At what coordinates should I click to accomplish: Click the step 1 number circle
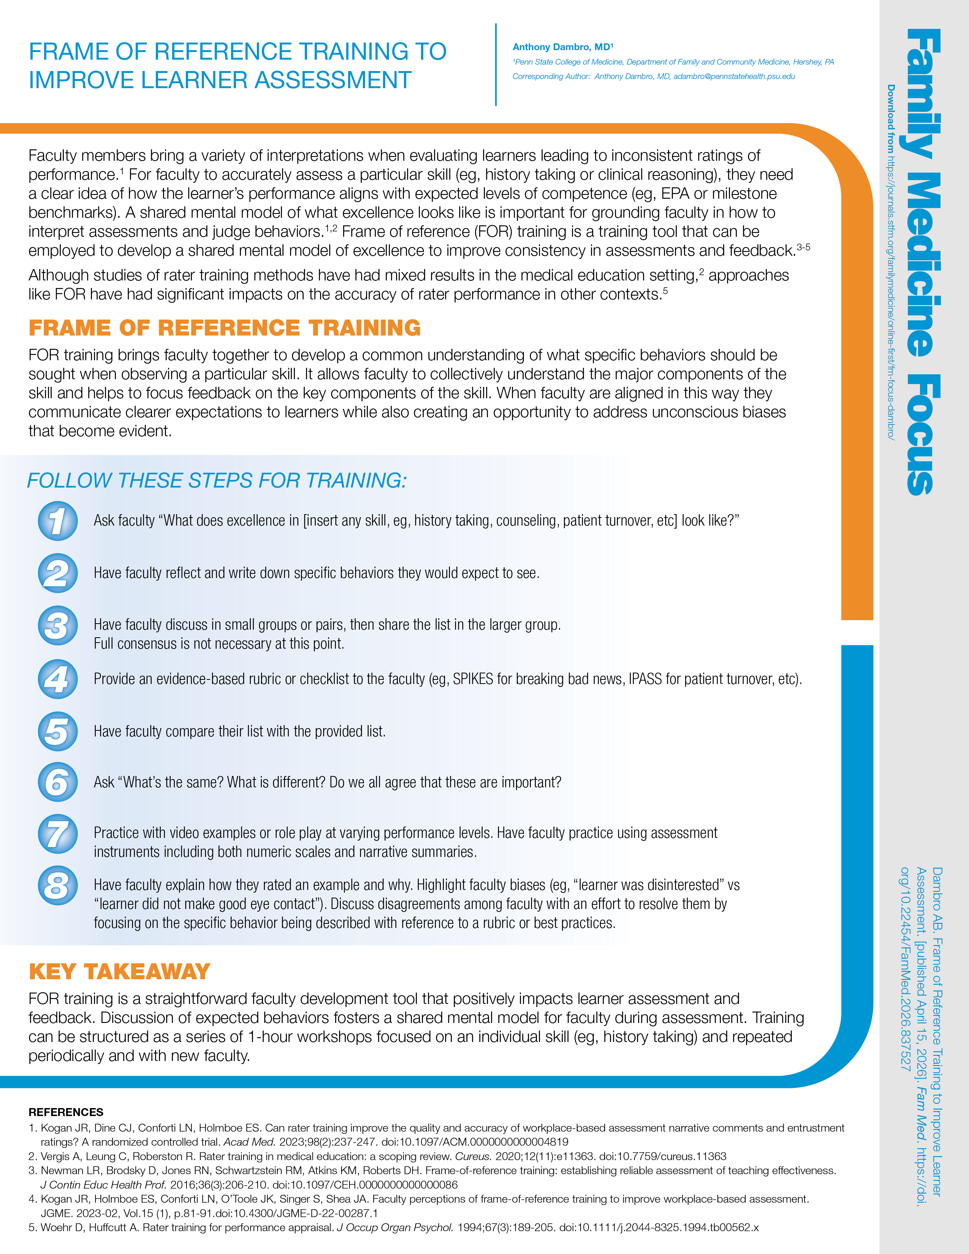pos(57,521)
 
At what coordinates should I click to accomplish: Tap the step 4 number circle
pos(57,679)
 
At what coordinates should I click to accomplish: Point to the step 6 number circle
pos(57,782)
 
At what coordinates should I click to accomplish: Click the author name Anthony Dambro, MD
pos(562,47)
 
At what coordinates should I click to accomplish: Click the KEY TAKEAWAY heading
pos(119,972)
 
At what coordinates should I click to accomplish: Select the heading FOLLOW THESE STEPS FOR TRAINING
pos(217,481)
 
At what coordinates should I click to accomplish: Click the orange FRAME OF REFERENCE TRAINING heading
pos(225,328)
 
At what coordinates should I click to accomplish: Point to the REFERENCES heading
pos(66,1112)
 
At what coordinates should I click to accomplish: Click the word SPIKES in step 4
pos(473,679)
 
